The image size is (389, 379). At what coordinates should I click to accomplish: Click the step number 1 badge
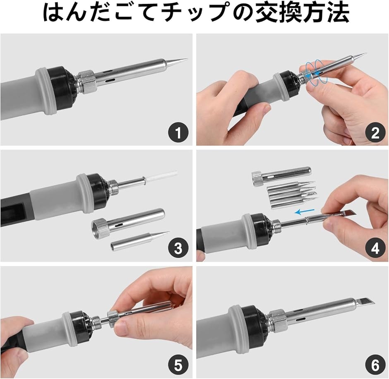(178, 133)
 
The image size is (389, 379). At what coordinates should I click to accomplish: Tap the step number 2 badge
(375, 133)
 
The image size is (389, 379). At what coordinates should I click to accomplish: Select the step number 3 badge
(178, 249)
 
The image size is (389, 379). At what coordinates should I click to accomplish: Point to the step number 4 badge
(375, 249)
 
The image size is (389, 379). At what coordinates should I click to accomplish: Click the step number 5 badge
(178, 365)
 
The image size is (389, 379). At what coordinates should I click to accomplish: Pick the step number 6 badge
(375, 365)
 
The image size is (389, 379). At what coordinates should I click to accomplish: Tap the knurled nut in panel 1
(86, 82)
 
